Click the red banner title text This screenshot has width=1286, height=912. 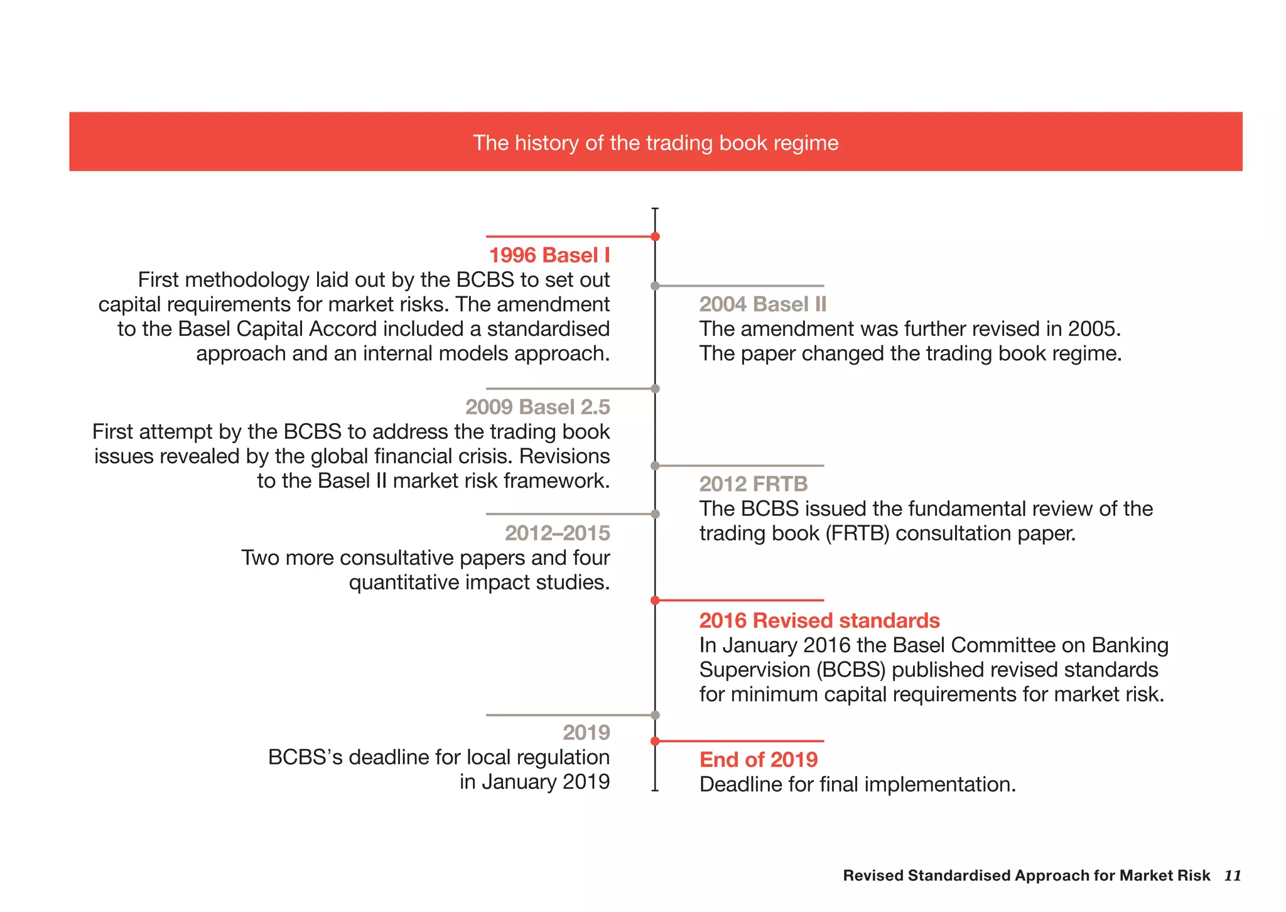pyautogui.click(x=655, y=143)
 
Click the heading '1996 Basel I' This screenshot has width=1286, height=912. pyautogui.click(x=549, y=255)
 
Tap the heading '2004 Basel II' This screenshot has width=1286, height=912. pyautogui.click(x=762, y=304)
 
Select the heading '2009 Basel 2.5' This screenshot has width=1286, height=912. pyautogui.click(x=537, y=407)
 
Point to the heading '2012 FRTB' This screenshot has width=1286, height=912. pyautogui.click(x=753, y=484)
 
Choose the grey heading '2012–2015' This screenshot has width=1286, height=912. pyautogui.click(x=557, y=534)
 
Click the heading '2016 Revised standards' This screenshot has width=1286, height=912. pyautogui.click(x=819, y=621)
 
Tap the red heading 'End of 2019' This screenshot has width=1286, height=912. pyautogui.click(x=758, y=760)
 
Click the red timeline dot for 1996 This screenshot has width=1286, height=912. pyautogui.click(x=655, y=237)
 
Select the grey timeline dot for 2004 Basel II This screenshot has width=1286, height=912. pyautogui.click(x=655, y=286)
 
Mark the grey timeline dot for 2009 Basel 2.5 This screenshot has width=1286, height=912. pyautogui.click(x=655, y=389)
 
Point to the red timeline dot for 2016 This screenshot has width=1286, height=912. pyautogui.click(x=655, y=601)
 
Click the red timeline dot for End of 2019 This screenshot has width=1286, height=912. pyautogui.click(x=655, y=741)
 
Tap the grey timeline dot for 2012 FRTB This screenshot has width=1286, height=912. pyautogui.click(x=655, y=466)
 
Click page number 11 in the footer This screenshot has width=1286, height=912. pyautogui.click(x=1232, y=876)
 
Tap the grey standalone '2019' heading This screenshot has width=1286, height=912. pyautogui.click(x=586, y=732)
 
